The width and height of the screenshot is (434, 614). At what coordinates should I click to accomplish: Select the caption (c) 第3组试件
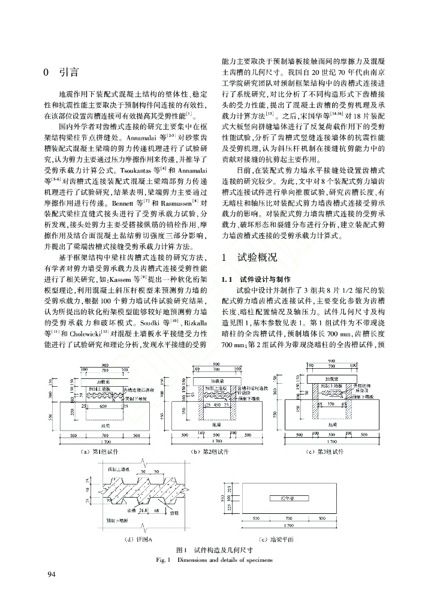[x=324, y=450]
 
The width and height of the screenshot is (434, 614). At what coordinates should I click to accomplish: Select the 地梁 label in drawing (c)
[x=331, y=423]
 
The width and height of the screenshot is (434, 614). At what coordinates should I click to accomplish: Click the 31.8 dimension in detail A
[x=143, y=510]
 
